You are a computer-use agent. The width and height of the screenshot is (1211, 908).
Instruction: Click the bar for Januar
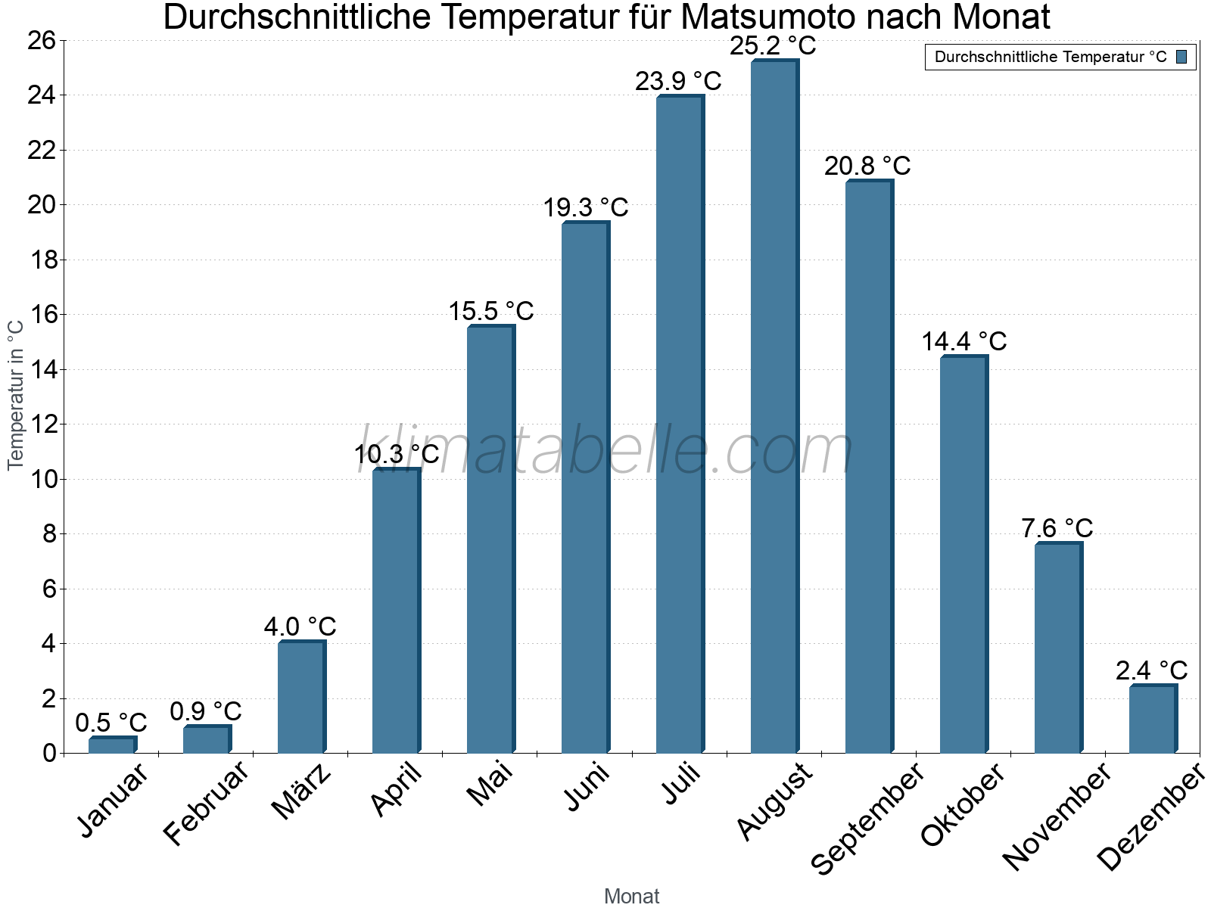(x=112, y=745)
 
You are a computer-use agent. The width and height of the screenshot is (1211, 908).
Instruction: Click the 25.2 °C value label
(x=773, y=46)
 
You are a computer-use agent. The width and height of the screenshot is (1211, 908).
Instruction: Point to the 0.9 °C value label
(x=206, y=711)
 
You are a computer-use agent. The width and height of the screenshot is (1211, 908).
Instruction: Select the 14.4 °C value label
(x=964, y=341)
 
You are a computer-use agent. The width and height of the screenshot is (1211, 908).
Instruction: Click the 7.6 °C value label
(x=1057, y=528)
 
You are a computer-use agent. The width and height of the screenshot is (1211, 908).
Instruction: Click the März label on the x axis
(x=301, y=791)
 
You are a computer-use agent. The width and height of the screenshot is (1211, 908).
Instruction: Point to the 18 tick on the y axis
(x=42, y=260)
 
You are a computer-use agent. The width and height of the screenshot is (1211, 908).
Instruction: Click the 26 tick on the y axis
(x=42, y=41)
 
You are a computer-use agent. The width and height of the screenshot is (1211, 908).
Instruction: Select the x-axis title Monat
(x=631, y=897)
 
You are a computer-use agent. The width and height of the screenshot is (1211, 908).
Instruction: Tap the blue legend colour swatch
(x=1181, y=57)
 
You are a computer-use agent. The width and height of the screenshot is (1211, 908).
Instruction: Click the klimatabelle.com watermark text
(x=605, y=451)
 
